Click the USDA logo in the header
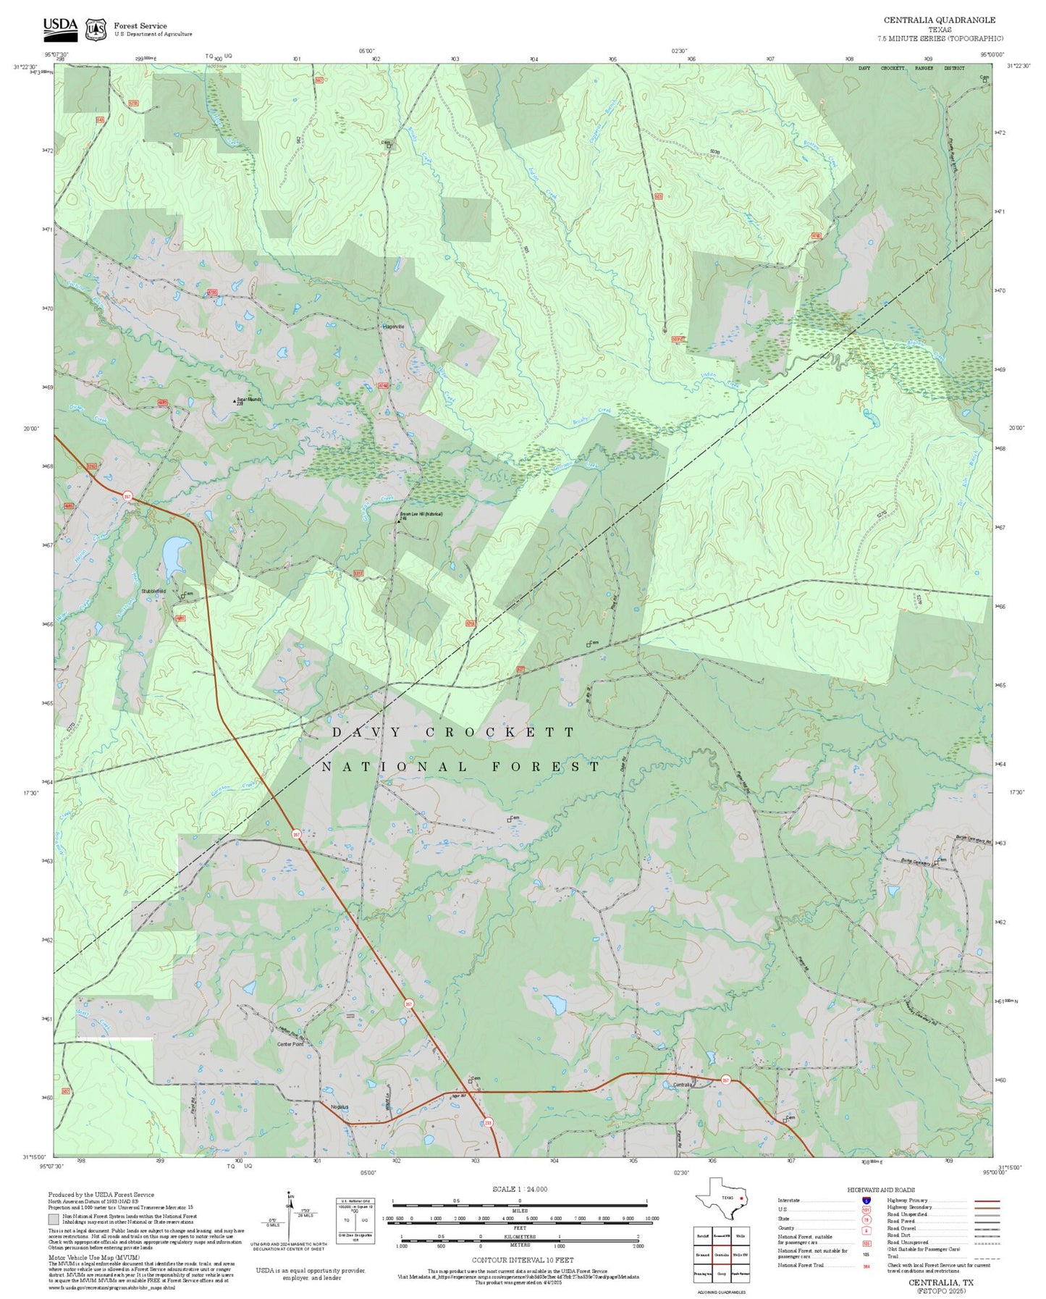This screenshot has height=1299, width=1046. (59, 28)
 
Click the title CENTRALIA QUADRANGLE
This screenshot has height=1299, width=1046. (939, 20)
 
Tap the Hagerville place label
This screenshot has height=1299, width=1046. (393, 327)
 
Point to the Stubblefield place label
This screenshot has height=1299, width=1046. (153, 592)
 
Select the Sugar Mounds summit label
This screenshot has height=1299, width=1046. (248, 399)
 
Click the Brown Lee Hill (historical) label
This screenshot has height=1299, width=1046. (421, 514)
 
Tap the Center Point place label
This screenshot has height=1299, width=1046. (290, 1044)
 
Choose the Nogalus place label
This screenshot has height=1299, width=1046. (339, 1107)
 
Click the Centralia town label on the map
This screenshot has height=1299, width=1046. (683, 1085)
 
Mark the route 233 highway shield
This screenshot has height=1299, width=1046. (488, 1123)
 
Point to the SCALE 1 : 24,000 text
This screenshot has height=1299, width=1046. (519, 1189)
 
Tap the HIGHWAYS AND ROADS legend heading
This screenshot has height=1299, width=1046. (880, 1190)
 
